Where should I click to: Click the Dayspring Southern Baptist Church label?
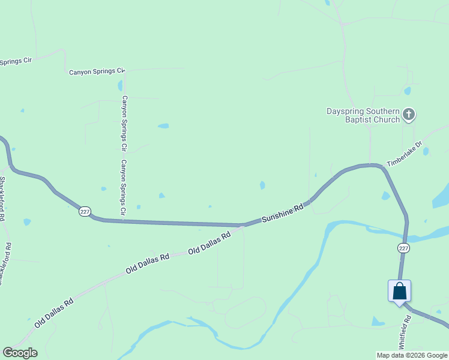363,115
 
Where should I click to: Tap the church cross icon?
408,114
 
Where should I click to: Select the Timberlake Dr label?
405,154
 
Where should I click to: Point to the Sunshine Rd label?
283,214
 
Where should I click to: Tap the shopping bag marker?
400,292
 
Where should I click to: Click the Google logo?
20,353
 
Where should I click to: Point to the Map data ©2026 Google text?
412,355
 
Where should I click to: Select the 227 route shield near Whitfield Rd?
403,248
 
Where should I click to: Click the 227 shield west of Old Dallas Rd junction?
85,211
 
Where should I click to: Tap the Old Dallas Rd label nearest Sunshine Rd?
209,244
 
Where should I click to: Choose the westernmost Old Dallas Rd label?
53,312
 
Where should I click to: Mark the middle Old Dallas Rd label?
148,263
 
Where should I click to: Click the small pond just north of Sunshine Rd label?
262,185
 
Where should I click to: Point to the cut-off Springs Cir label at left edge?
16,61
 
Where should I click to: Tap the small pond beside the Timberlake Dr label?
426,151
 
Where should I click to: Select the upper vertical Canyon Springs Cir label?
125,122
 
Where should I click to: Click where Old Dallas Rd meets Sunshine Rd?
242,226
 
